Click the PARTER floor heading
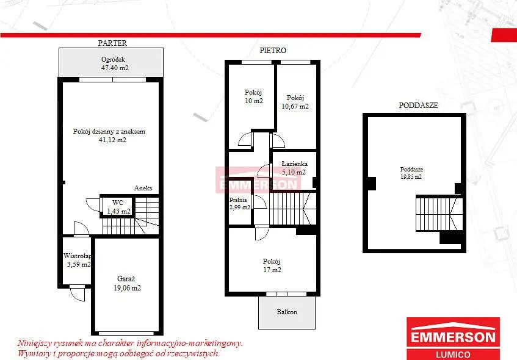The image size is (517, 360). (112, 43)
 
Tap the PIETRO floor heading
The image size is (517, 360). (273, 51)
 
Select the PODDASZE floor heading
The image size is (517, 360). (418, 105)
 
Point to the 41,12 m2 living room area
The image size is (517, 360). (112, 140)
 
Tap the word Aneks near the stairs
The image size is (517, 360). (143, 188)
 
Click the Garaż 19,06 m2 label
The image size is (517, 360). (127, 284)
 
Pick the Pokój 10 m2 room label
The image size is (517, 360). (253, 96)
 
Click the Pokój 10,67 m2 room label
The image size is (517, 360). (295, 102)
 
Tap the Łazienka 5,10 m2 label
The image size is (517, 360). (294, 168)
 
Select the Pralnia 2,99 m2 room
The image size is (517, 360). (240, 203)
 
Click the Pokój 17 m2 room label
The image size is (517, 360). (272, 265)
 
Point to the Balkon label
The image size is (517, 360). (287, 312)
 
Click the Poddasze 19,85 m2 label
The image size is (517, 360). (411, 173)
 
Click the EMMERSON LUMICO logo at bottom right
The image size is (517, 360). (453, 339)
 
